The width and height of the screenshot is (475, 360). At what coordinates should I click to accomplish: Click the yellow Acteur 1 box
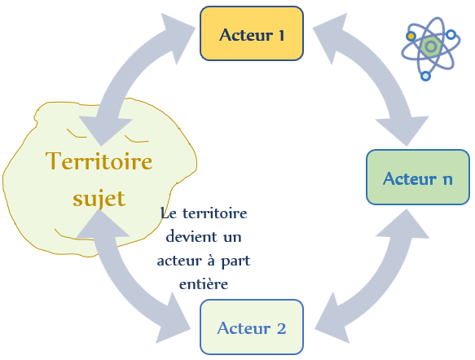252,33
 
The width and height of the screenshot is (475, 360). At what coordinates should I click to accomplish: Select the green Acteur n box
418,177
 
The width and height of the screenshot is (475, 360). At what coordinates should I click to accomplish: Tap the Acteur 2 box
252,327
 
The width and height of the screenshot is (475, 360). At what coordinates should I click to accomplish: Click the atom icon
431,48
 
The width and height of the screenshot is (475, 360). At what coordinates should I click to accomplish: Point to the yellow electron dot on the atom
411,37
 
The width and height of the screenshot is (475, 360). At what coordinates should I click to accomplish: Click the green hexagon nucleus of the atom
430,46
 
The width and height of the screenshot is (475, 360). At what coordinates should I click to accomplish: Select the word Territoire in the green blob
99,160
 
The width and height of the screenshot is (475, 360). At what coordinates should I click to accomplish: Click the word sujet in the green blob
99,198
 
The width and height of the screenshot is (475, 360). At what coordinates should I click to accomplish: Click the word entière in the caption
204,284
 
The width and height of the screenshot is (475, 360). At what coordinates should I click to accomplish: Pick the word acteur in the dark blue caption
178,261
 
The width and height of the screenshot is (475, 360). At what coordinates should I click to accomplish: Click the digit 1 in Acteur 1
281,35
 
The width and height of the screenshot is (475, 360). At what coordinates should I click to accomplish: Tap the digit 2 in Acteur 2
281,328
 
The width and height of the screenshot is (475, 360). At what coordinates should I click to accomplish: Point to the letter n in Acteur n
447,179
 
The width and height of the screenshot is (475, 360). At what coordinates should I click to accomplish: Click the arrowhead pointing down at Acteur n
403,131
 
